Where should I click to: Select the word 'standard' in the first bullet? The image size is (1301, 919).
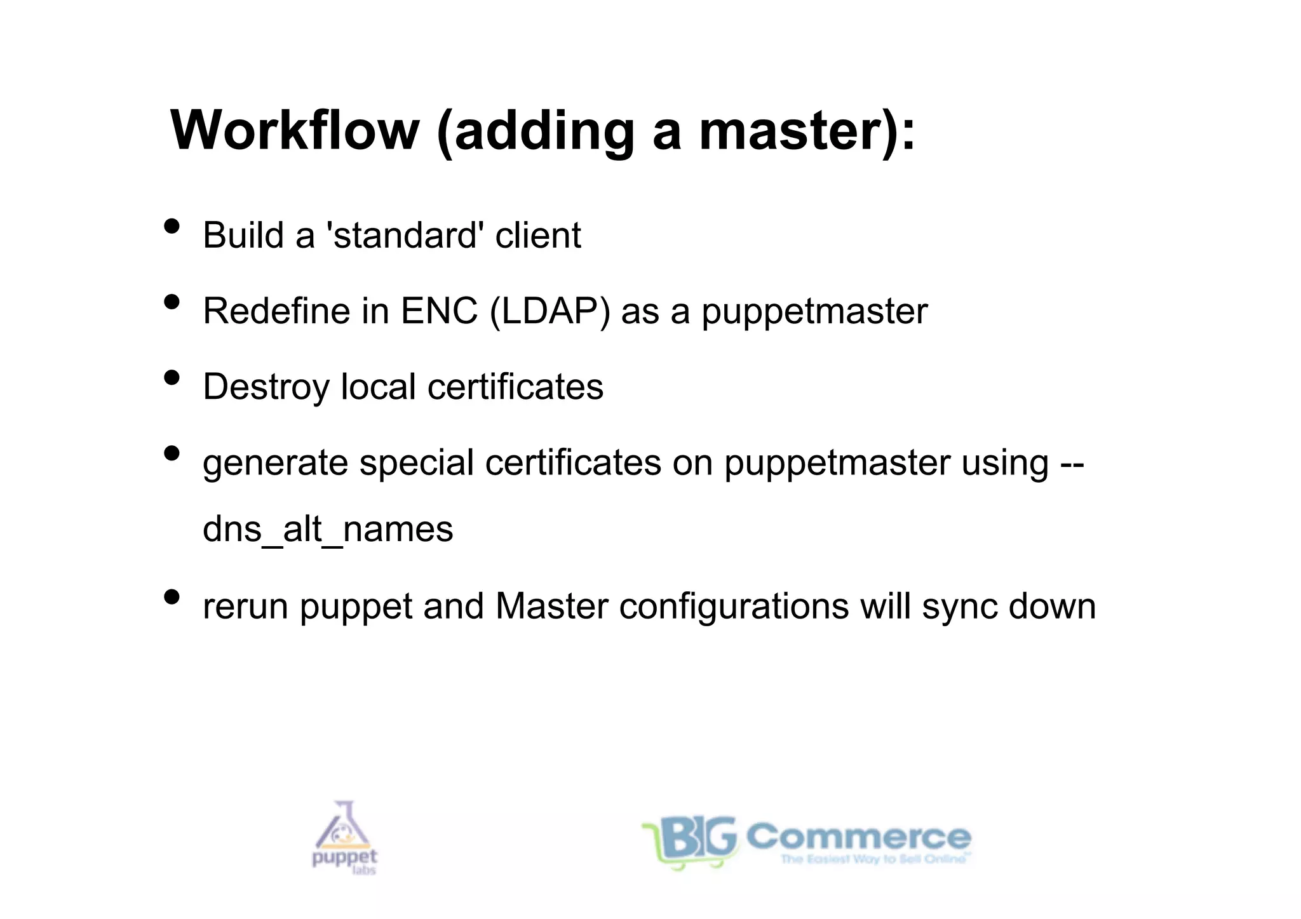click(404, 236)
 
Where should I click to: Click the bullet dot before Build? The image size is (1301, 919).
click(172, 226)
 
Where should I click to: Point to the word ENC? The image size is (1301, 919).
click(439, 311)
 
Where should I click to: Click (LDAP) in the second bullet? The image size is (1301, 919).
click(550, 311)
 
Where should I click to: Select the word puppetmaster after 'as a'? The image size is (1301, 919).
click(814, 312)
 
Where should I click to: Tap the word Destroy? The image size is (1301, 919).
click(266, 387)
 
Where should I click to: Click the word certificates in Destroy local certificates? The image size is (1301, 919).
click(515, 387)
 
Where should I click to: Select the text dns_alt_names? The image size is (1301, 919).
click(328, 529)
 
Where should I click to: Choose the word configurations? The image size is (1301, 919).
click(734, 607)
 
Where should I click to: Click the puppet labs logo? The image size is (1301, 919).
click(344, 838)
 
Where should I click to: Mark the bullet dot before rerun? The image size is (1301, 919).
click(172, 597)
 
